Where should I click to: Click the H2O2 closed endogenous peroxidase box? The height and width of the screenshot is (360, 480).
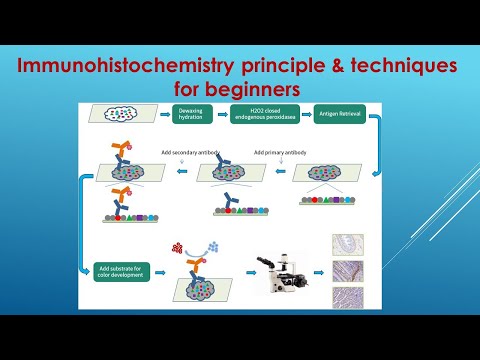[261, 114]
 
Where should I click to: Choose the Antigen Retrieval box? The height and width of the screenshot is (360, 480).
[333, 114]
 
